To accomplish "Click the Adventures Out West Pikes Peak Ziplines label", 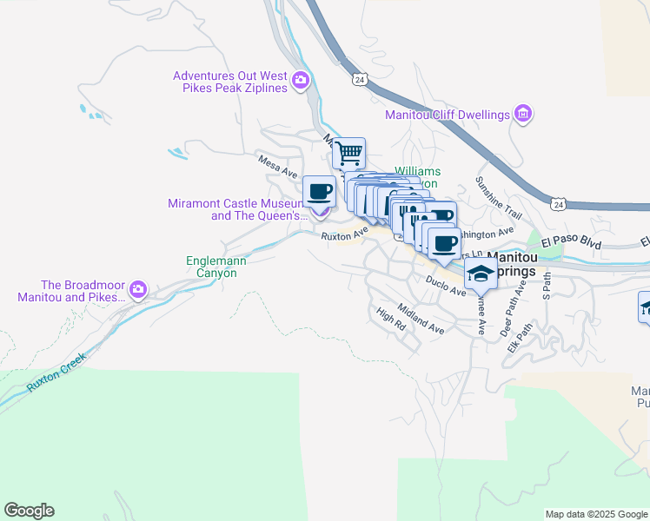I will (x=229, y=82).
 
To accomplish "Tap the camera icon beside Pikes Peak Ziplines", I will (x=301, y=82).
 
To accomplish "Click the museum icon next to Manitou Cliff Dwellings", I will (x=522, y=114).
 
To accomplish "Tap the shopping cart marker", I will (x=348, y=154).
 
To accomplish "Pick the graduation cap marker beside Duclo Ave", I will (x=480, y=273).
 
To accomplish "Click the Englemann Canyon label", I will (x=211, y=266).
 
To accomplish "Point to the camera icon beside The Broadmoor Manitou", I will (x=138, y=289).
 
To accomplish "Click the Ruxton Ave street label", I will (x=340, y=235).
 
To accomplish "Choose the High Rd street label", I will (x=391, y=320).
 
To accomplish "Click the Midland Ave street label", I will (x=421, y=320).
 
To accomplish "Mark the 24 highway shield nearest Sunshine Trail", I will (x=559, y=204).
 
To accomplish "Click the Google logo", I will (x=29, y=511).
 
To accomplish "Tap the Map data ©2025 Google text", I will (x=595, y=514).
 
